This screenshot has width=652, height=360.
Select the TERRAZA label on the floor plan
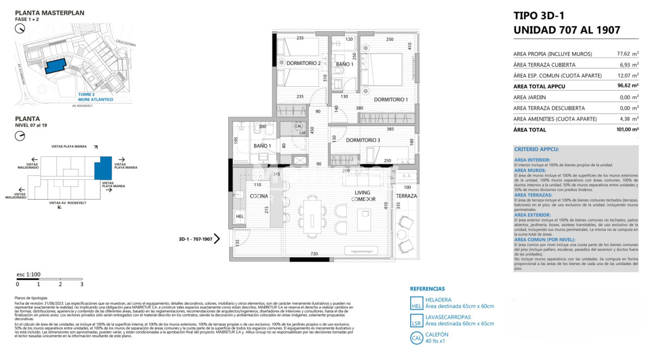[x=406, y=195]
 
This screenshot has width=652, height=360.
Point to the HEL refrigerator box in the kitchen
[x=240, y=217]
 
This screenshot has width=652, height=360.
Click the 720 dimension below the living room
[x=314, y=254]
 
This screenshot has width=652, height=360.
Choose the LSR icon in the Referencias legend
[x=416, y=320]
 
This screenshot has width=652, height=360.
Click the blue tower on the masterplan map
[x=55, y=66]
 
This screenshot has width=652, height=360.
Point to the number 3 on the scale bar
[x=81, y=284]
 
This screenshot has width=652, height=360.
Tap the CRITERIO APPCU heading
[x=537, y=149]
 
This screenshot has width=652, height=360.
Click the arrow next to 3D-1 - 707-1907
[x=217, y=238]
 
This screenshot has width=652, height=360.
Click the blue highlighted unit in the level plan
[x=102, y=168]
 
